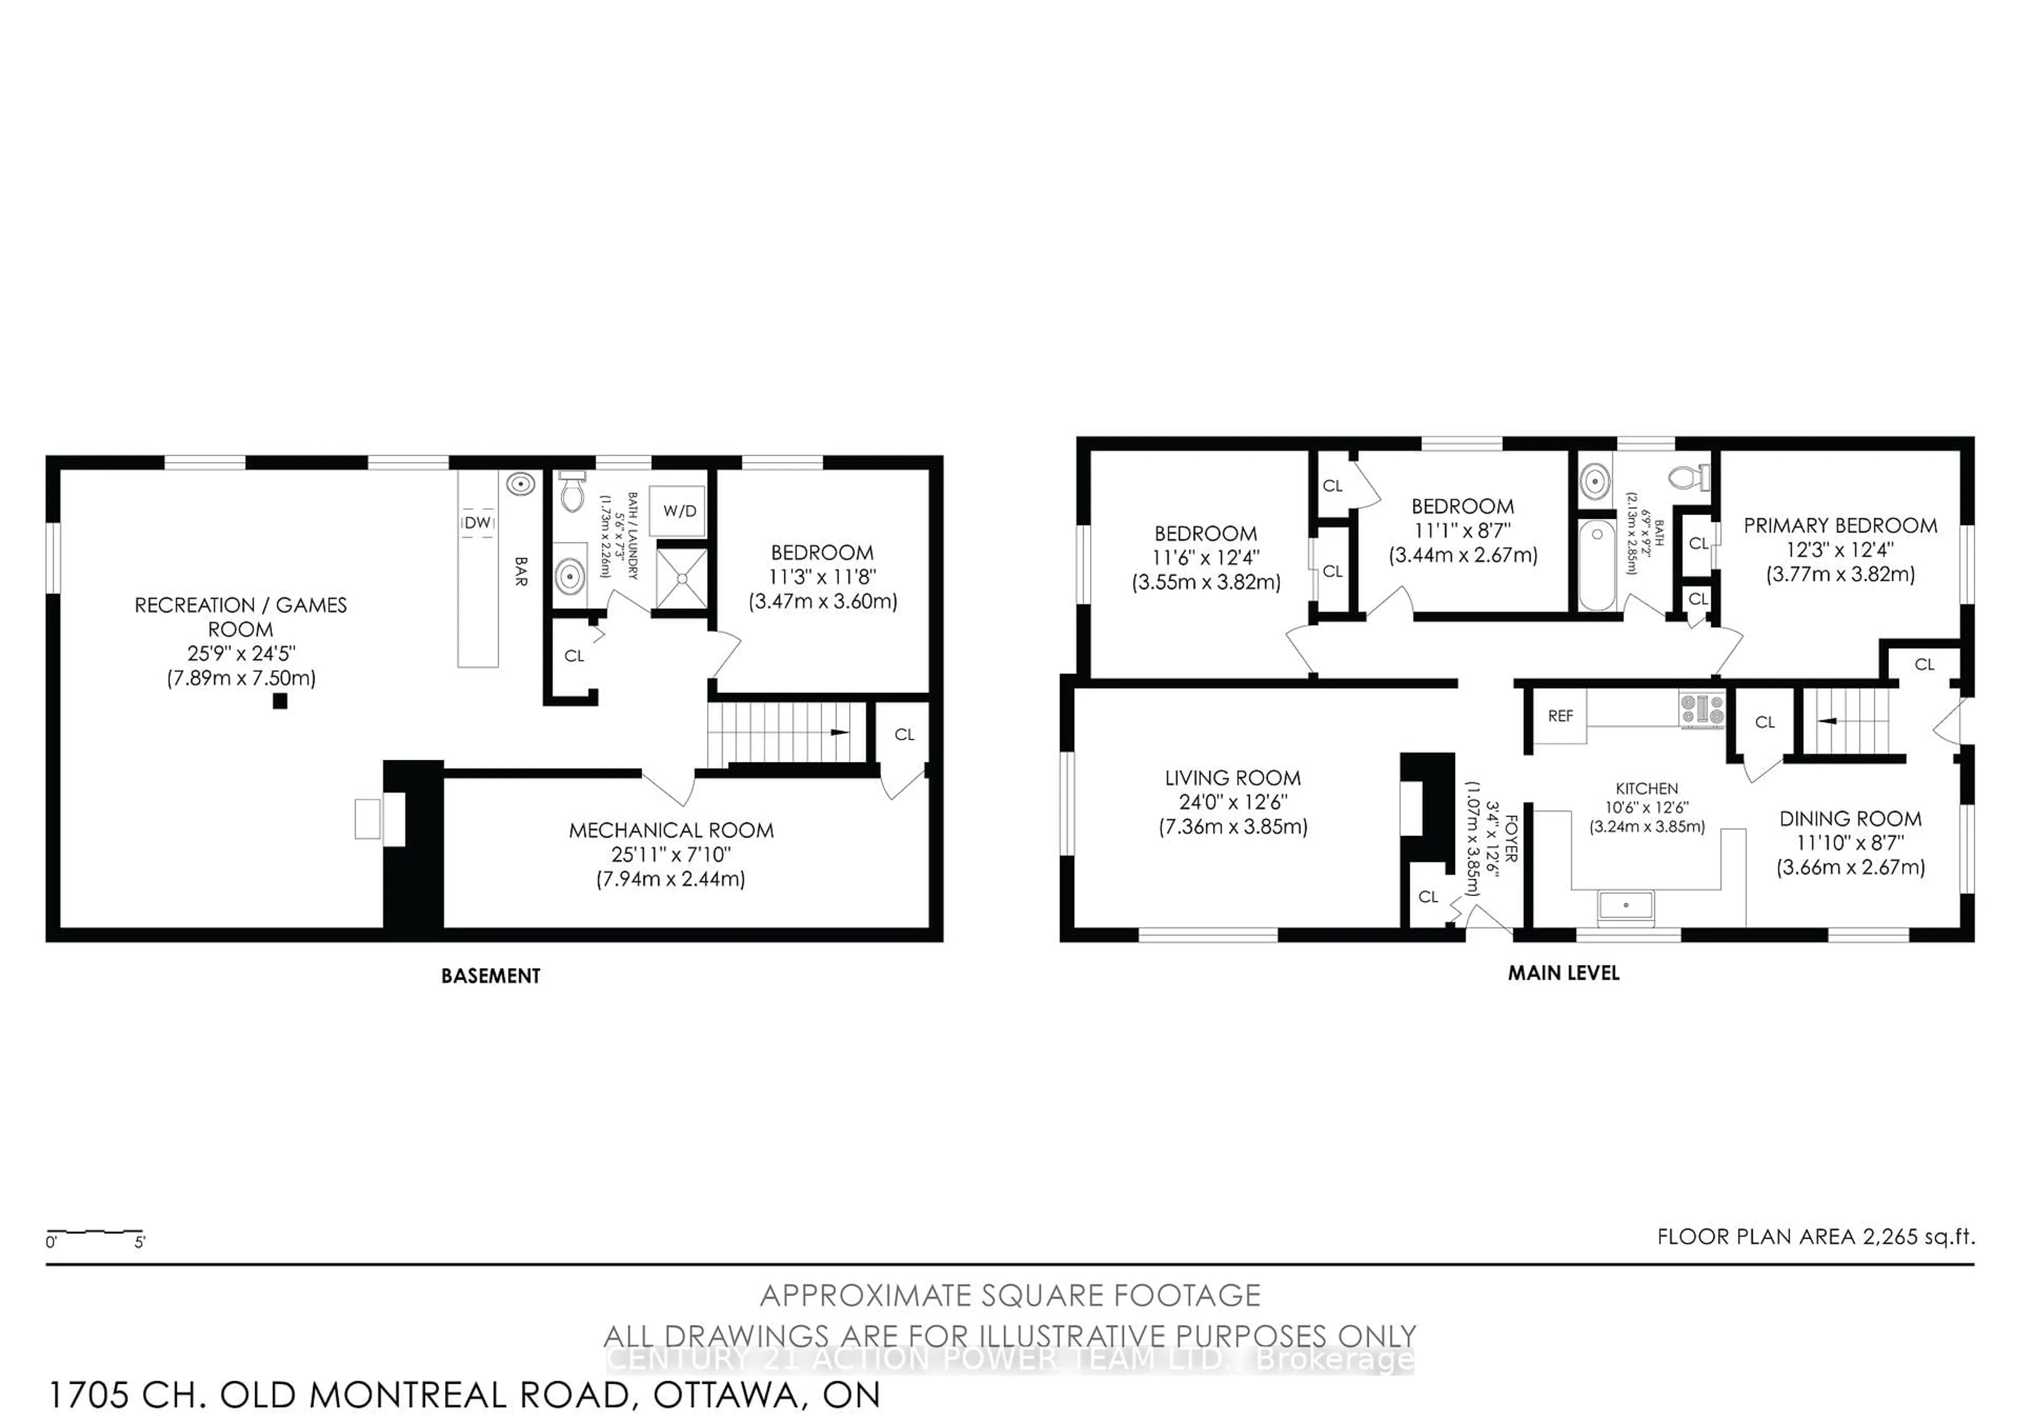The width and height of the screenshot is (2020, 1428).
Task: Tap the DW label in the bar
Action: (x=478, y=522)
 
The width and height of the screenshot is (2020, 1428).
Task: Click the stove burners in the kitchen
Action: (x=1702, y=709)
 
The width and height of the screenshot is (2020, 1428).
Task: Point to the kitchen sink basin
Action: (x=1626, y=906)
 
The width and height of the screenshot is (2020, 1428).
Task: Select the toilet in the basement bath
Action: (x=572, y=492)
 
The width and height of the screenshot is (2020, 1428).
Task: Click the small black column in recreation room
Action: (x=280, y=701)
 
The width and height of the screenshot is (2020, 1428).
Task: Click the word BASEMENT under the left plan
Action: (x=491, y=976)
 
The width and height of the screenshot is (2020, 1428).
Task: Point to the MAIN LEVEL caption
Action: (x=1563, y=973)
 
